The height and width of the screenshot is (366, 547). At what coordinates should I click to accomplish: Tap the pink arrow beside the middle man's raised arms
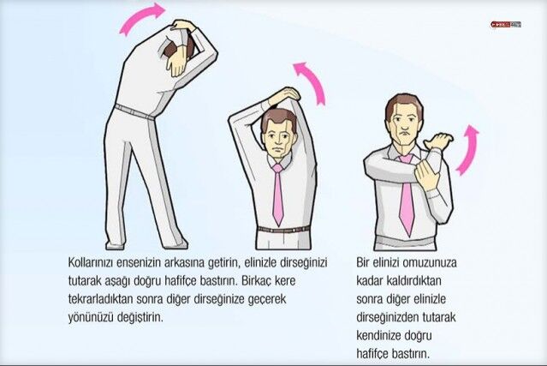tap(312, 80)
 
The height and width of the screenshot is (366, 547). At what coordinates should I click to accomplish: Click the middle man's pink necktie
tap(277, 195)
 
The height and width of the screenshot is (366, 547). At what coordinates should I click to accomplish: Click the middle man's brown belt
tap(283, 230)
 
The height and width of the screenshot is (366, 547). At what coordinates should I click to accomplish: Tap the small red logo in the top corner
tap(506, 25)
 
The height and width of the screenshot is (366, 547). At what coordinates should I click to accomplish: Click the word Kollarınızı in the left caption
tap(91, 262)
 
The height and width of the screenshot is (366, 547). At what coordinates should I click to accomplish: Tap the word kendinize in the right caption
tap(378, 336)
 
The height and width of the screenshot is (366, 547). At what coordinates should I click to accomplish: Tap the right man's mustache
tap(405, 133)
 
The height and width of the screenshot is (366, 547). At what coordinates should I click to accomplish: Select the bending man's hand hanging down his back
tap(176, 63)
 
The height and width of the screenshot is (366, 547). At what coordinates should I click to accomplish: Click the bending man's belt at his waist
tap(135, 112)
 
